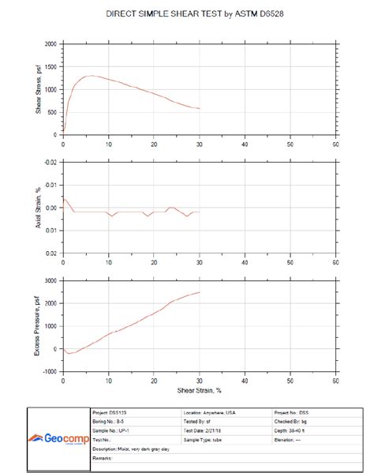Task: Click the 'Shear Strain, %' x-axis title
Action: pos(200,389)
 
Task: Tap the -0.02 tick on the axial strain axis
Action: pos(50,162)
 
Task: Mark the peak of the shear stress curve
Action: pos(92,76)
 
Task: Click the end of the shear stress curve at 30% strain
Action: pos(200,108)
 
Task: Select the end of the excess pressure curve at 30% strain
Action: pos(200,292)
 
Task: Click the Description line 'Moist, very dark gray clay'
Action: pos(131,449)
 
